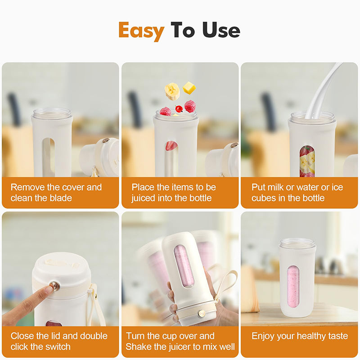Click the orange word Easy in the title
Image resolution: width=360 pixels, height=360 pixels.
point(141,31)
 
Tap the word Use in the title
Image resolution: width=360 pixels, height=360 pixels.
point(221,30)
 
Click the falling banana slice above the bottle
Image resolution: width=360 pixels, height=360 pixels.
point(172,91)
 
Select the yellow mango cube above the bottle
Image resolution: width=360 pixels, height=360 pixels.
point(189,88)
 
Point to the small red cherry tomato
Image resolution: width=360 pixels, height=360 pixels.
point(179,108)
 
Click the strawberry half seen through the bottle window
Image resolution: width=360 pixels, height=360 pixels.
point(171,145)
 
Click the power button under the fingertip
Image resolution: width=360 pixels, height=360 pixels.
point(55,286)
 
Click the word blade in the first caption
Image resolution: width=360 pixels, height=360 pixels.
point(61,198)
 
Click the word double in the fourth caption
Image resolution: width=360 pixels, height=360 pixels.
point(94,336)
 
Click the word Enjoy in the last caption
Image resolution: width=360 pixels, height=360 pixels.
point(263,336)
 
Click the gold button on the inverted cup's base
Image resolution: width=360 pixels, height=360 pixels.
point(202,313)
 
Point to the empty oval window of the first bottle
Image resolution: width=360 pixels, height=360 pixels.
point(48,156)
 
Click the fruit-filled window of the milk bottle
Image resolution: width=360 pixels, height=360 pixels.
point(307,161)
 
